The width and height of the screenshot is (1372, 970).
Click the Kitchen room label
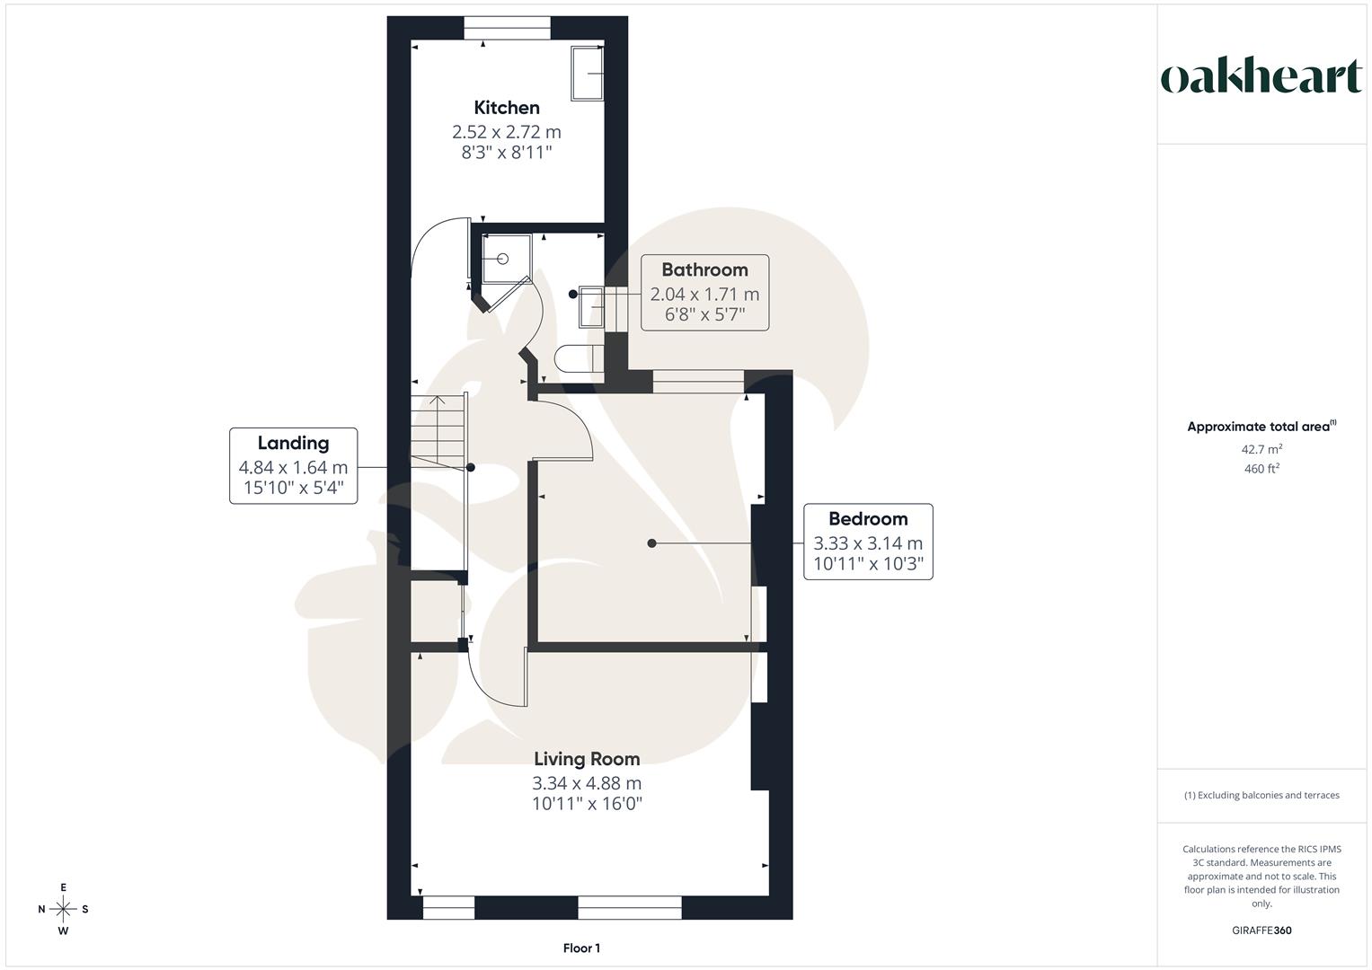[x=507, y=108]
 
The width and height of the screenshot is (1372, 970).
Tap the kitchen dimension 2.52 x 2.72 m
[x=507, y=131]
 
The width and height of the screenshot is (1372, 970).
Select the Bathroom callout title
[x=704, y=269]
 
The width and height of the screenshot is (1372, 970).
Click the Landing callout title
[x=293, y=443]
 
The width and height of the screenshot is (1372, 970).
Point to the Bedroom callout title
[x=868, y=518]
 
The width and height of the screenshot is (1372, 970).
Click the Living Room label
[x=587, y=759]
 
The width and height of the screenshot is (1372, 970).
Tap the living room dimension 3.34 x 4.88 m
[x=587, y=782]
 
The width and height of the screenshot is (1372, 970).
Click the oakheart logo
[x=1261, y=77]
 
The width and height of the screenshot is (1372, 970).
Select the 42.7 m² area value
[x=1261, y=449]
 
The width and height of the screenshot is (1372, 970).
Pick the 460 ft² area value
[x=1261, y=469]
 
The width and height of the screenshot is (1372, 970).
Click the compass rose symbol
[x=63, y=909]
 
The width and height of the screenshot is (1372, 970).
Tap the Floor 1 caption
[x=581, y=948]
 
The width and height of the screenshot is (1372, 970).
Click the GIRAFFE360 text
[x=1261, y=930]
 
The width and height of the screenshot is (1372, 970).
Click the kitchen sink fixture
[x=587, y=73]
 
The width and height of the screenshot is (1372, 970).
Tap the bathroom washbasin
[x=591, y=305]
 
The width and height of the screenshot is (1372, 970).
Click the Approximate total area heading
[x=1261, y=427]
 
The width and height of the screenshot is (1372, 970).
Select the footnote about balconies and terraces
[x=1261, y=795]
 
